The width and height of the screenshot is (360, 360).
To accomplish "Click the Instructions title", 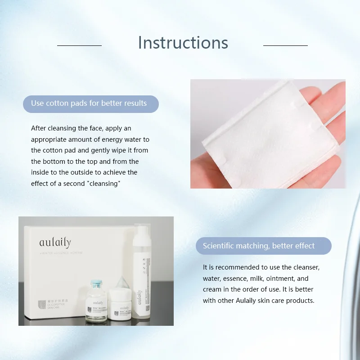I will tap(183, 43).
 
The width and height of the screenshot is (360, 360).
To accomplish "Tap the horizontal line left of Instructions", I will tap(79, 45).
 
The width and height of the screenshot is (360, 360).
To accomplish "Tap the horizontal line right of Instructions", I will tap(285, 45).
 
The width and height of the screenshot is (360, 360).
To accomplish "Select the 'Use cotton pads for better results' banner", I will tap(90, 103).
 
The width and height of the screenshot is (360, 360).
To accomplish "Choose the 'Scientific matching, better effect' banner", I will tap(263, 246).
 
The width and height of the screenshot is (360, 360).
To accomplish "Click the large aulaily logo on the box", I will tap(55, 243).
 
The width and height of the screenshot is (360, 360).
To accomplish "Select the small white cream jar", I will tap(120, 306).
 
